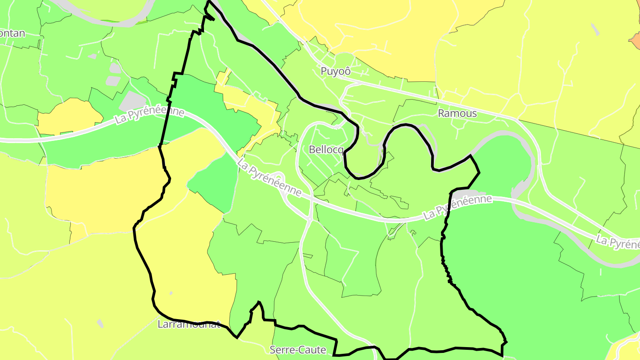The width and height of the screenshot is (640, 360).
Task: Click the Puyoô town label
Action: pos(336,71)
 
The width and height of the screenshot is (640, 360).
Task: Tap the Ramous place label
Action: pos(457,113)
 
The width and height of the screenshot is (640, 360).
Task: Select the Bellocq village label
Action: pos(326,149)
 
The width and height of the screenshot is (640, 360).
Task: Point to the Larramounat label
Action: pos(189,324)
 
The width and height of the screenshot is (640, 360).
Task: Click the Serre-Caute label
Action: pos(298,350)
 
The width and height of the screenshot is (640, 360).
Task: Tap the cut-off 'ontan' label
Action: pos(12,33)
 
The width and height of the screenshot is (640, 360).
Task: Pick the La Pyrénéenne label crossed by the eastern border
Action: pos(458,207)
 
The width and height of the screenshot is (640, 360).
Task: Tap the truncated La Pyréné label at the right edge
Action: pos(618,242)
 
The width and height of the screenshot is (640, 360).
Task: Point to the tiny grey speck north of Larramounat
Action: pos(171,293)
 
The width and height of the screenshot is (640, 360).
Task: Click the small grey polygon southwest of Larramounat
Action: pos(100,323)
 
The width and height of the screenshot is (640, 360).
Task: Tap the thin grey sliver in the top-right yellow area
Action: pos(595,29)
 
